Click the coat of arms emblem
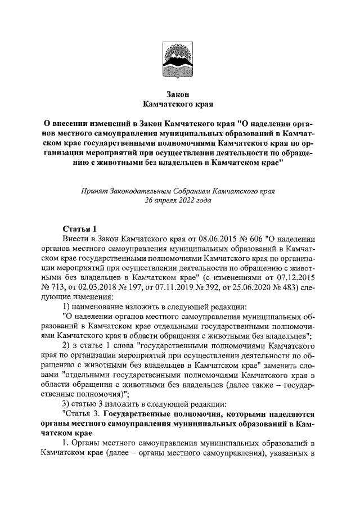[x=179, y=56]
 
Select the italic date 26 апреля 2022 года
[x=178, y=200]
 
